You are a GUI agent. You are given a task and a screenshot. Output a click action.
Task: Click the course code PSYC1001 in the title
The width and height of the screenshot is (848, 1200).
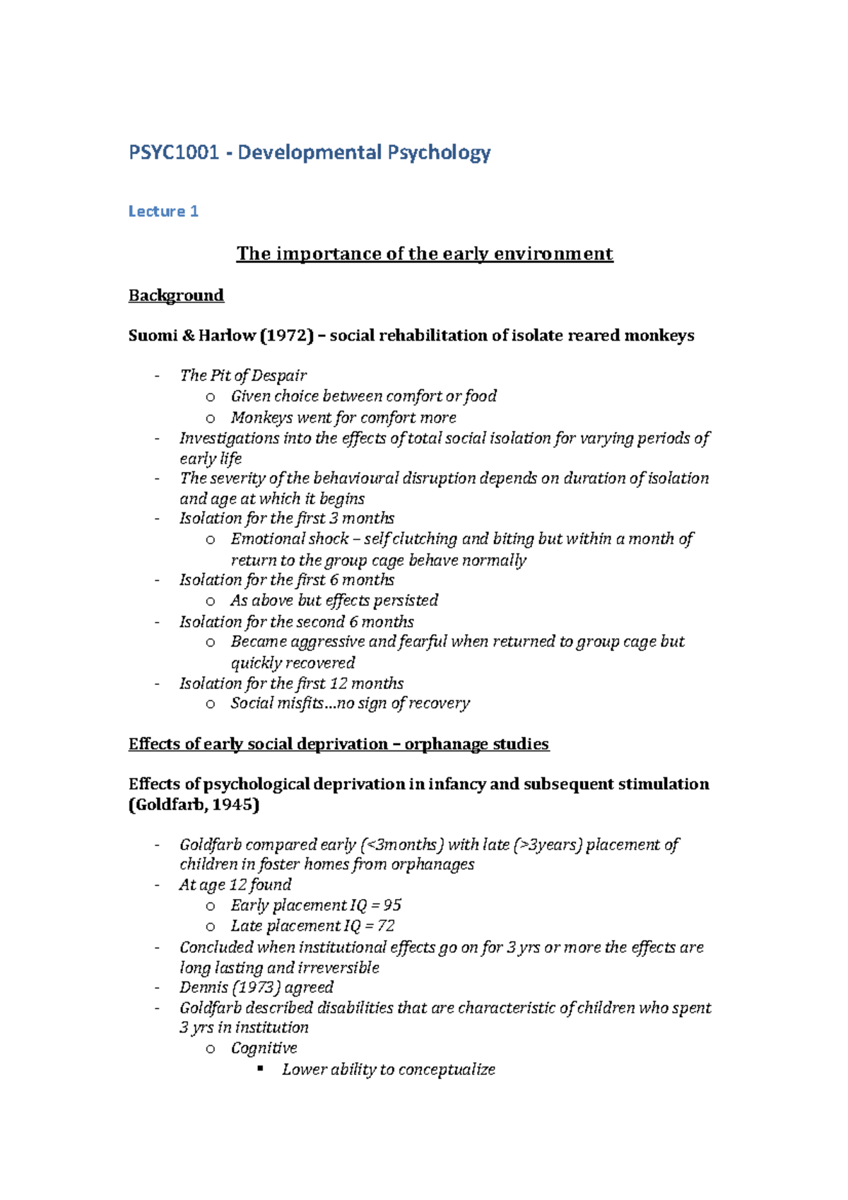[x=174, y=153]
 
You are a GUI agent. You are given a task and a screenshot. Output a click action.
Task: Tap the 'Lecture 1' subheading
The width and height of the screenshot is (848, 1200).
[x=163, y=211]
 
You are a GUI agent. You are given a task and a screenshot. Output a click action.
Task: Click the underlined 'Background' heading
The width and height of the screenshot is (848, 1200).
[x=176, y=295]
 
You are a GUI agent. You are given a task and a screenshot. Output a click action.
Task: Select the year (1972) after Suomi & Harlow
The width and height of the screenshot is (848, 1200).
[x=287, y=336]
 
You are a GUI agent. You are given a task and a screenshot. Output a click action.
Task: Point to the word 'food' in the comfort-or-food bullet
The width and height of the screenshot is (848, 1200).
[x=481, y=396]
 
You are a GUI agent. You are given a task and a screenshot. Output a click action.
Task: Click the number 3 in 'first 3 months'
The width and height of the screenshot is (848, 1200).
[x=334, y=518]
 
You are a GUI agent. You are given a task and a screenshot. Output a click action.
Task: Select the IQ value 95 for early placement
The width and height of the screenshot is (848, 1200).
[x=392, y=905]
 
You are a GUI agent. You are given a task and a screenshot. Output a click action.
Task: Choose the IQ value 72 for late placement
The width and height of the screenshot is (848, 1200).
[x=386, y=926]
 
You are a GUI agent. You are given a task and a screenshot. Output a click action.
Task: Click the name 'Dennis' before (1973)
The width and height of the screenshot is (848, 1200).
[x=204, y=987]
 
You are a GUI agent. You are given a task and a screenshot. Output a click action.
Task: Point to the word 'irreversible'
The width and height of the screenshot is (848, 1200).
[x=338, y=967]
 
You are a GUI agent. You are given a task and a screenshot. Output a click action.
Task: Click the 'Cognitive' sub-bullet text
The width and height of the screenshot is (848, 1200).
[x=264, y=1048]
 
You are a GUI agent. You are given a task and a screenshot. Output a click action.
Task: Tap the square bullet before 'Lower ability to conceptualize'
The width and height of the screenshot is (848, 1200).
[x=261, y=1069]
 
